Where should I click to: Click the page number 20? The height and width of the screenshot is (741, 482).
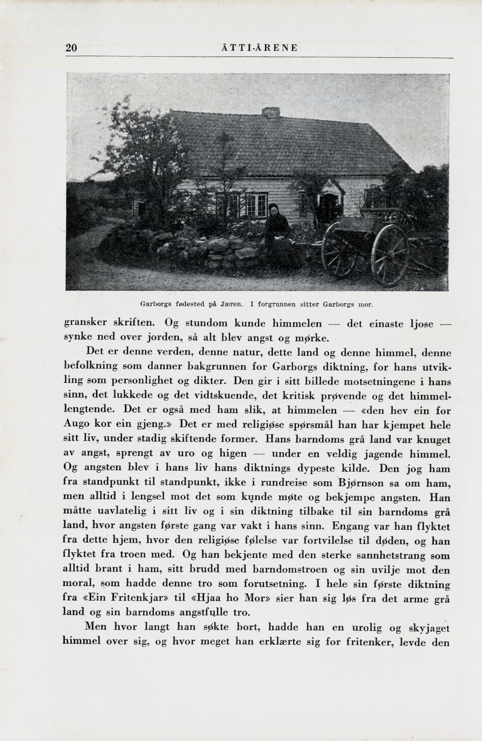point(71,48)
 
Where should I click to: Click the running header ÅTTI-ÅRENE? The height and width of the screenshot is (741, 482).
point(259,48)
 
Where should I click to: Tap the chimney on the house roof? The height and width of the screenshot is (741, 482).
point(271,112)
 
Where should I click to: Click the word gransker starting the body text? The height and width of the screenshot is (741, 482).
point(85,323)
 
